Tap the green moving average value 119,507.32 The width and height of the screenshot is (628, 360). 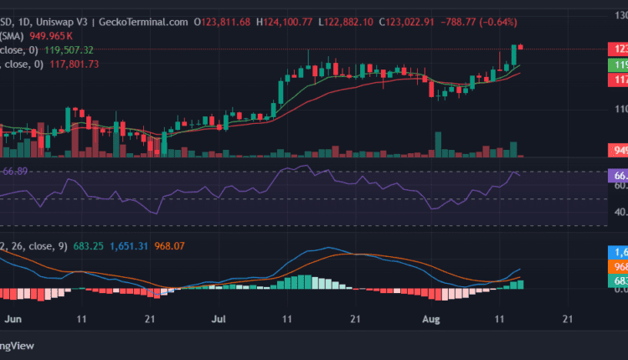coord(71,50)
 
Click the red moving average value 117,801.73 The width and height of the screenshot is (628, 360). coord(71,64)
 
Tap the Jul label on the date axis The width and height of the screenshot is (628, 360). coord(219,319)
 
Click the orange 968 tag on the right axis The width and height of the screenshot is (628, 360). coord(618,267)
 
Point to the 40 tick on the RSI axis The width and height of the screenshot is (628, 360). coord(620,212)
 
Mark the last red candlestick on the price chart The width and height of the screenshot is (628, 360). coord(521,47)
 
